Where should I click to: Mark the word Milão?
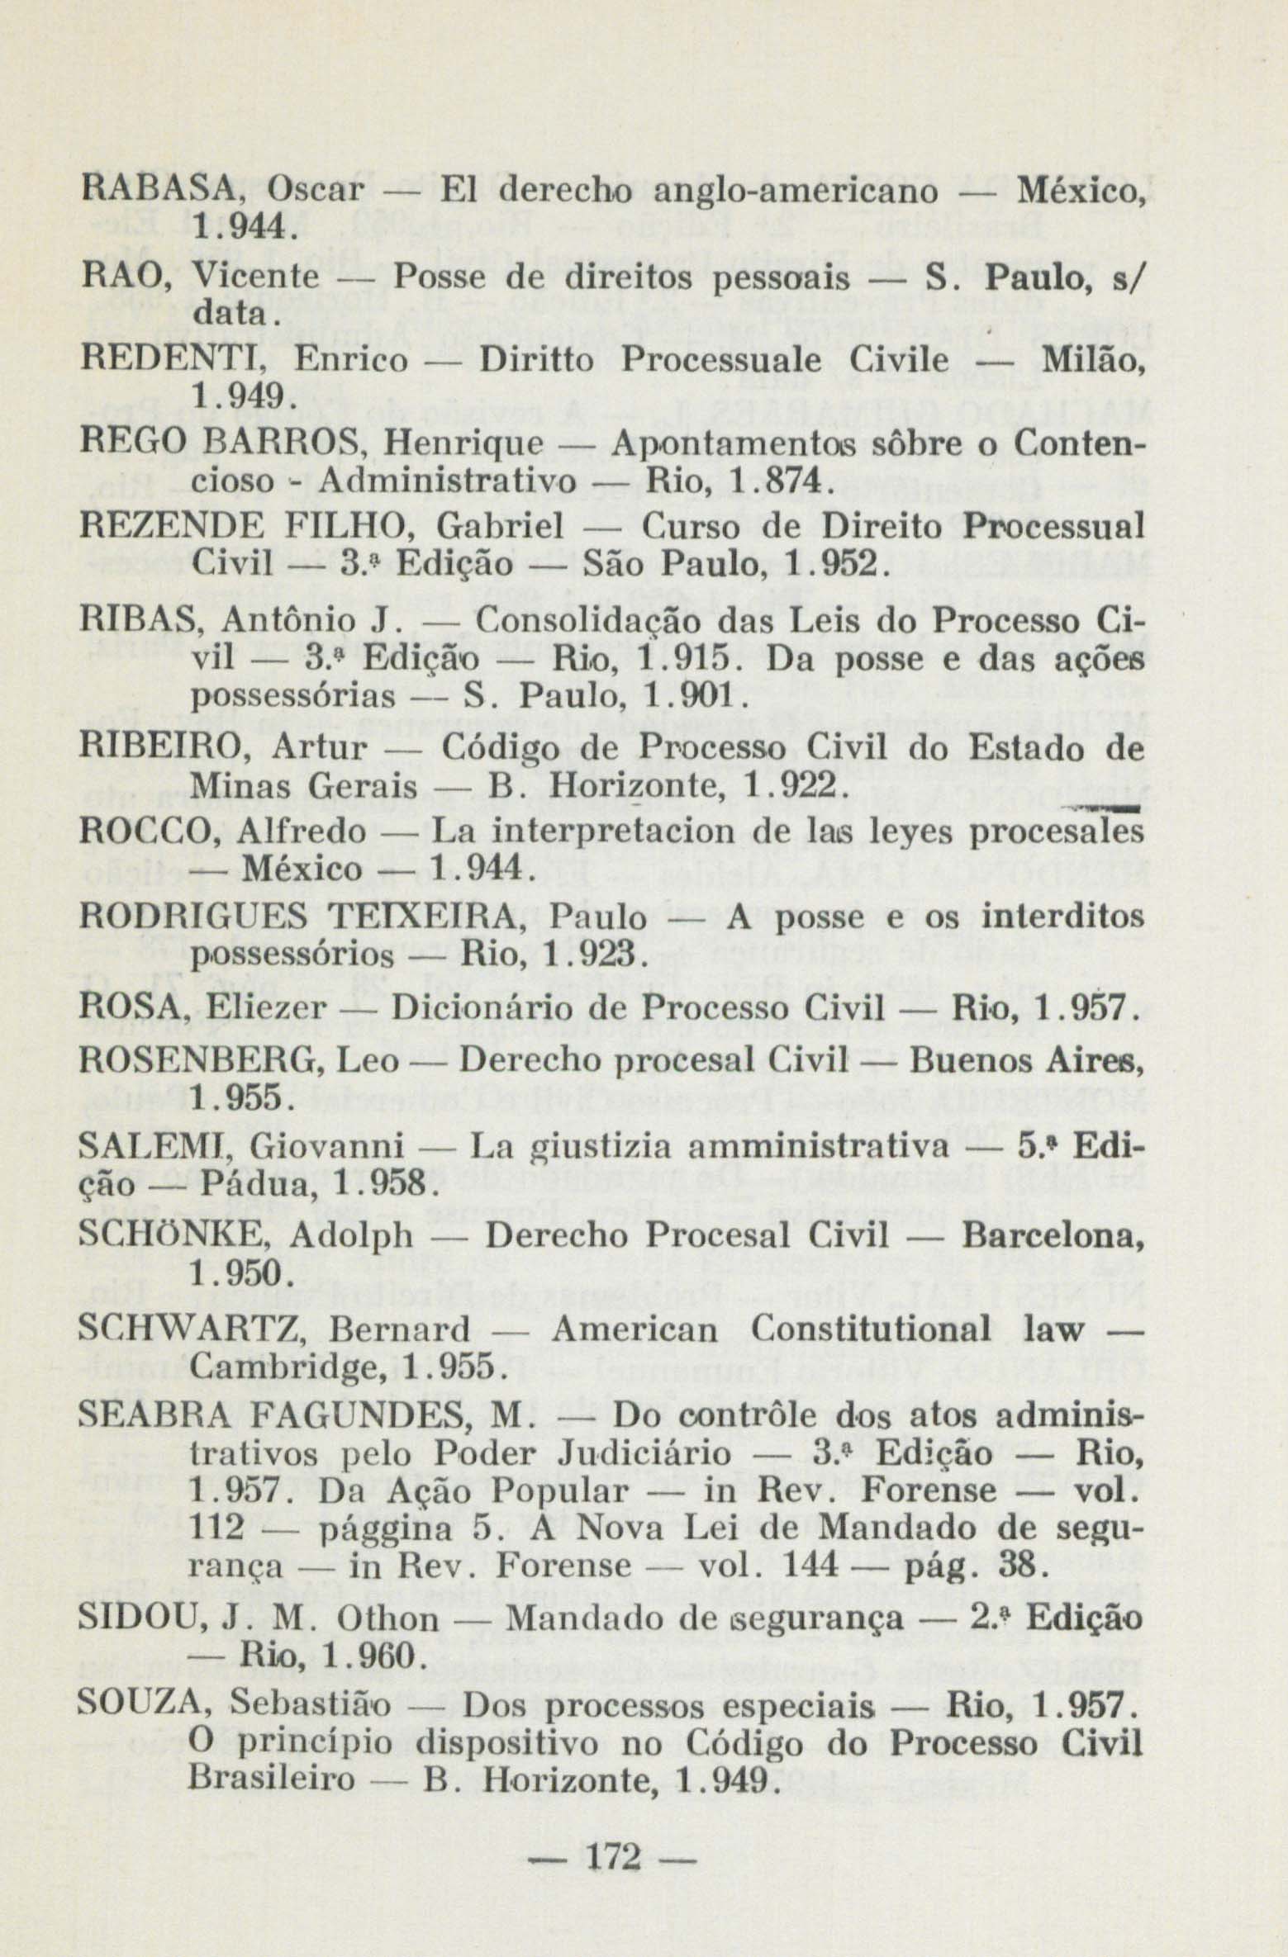(1090, 360)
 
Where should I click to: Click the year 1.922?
(792, 786)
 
